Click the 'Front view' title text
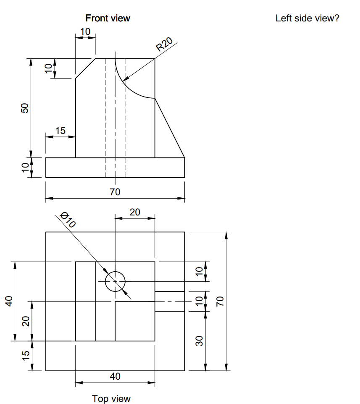pyautogui.click(x=108, y=18)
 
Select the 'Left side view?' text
pyautogui.click(x=307, y=18)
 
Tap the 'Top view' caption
pyautogui.click(x=111, y=399)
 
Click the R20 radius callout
pyautogui.click(x=164, y=44)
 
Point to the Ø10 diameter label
pyautogui.click(x=68, y=220)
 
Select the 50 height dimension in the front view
pyautogui.click(x=25, y=108)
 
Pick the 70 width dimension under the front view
pyautogui.click(x=115, y=192)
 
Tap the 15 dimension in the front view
pyautogui.click(x=60, y=131)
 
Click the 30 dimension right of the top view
pyautogui.click(x=200, y=341)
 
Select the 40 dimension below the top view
pyautogui.click(x=115, y=376)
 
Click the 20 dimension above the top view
pyautogui.click(x=135, y=212)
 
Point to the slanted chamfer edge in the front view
pyautogui.click(x=85, y=68)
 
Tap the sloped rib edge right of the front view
pyautogui.click(x=170, y=128)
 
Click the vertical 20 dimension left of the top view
pyautogui.click(x=25, y=321)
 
